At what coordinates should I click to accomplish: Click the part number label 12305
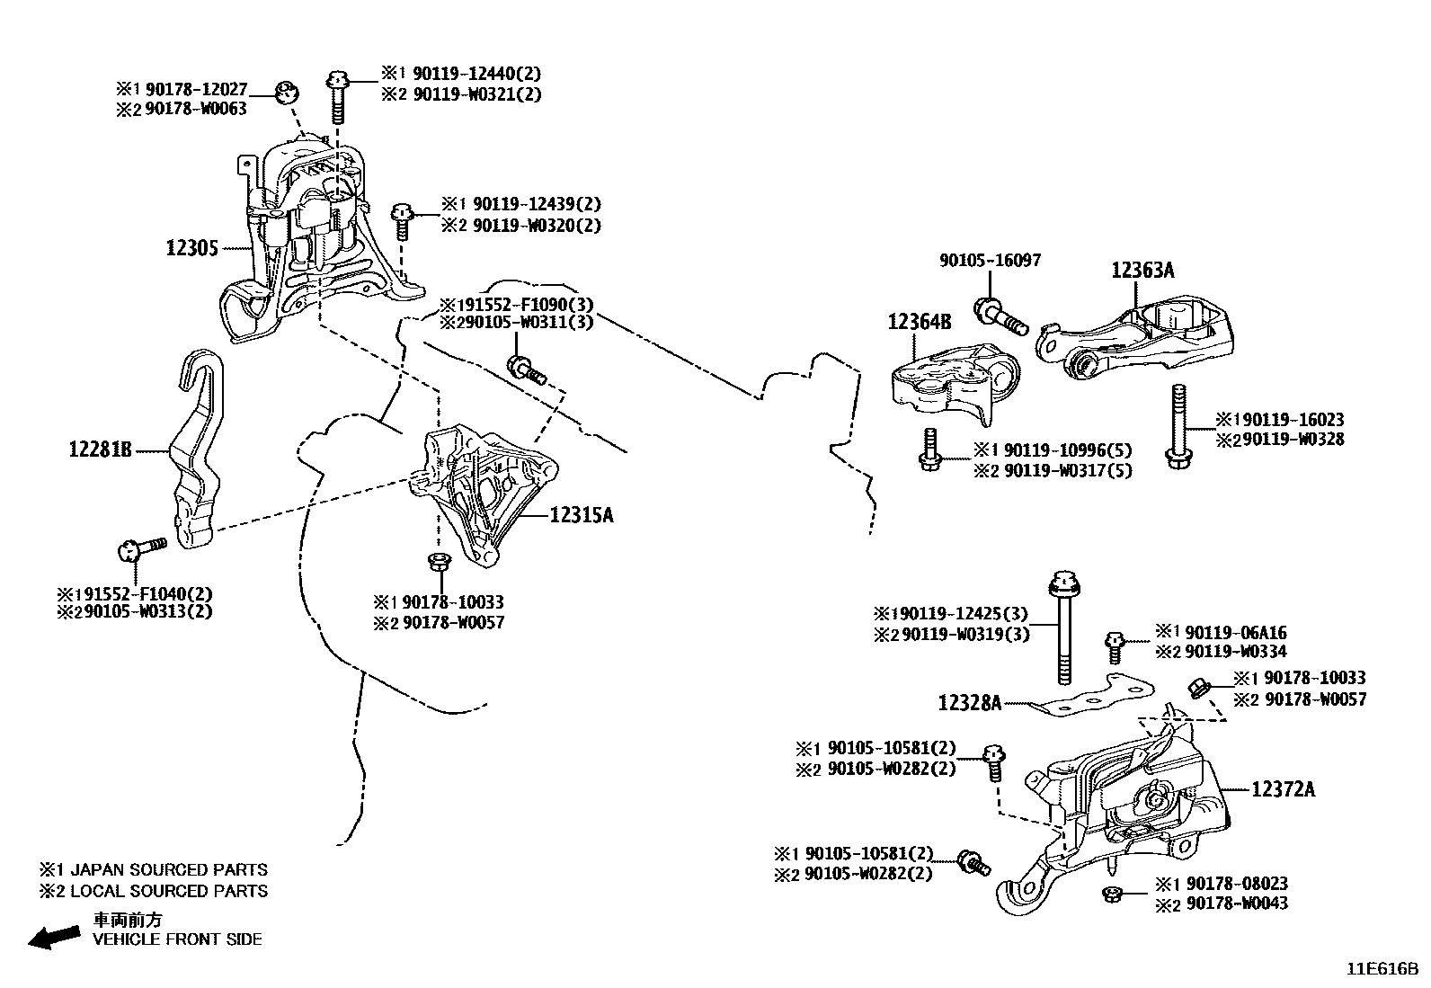191,247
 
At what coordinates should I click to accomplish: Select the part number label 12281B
101,448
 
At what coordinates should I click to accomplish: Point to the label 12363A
1142,270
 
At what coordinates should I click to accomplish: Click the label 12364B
920,321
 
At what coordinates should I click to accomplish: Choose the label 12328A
969,703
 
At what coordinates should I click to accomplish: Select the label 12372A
1283,789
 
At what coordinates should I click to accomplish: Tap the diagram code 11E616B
1382,969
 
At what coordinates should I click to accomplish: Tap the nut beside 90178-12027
287,91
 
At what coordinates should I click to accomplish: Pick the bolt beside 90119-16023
1176,426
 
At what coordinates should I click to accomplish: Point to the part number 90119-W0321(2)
476,93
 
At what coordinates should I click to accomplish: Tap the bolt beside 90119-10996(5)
930,450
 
